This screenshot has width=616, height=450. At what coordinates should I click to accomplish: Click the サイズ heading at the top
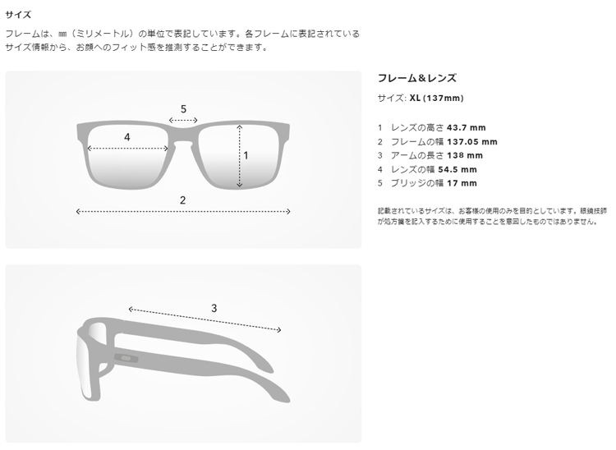click(x=18, y=15)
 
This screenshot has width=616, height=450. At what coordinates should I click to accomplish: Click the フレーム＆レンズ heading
click(x=416, y=78)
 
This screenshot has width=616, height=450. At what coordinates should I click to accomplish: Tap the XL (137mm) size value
click(x=436, y=99)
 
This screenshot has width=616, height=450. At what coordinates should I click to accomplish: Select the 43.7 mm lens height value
click(x=467, y=127)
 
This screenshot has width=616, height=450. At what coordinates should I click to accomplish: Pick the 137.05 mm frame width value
click(x=472, y=142)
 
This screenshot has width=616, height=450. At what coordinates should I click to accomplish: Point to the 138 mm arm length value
click(x=465, y=155)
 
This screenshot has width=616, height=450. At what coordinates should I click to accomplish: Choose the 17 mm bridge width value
click(x=462, y=183)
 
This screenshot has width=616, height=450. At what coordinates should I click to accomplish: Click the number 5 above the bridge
click(x=183, y=109)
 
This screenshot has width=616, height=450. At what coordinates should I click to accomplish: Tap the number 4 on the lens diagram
click(x=126, y=137)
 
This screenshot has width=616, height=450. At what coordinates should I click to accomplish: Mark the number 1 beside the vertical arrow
click(x=246, y=156)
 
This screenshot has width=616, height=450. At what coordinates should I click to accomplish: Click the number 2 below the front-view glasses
click(x=182, y=200)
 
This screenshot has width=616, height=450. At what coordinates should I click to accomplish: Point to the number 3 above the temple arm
click(x=214, y=308)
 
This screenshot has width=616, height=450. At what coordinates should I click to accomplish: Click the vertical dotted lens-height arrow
click(x=240, y=156)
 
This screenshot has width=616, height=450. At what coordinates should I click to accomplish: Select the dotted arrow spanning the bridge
click(x=183, y=121)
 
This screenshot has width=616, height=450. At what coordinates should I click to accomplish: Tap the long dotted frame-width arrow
click(x=183, y=212)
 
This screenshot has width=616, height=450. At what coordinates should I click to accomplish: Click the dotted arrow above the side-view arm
click(x=205, y=319)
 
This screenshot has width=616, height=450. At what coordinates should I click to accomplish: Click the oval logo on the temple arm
click(x=126, y=358)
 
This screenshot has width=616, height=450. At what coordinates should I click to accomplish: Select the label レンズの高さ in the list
click(x=417, y=127)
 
